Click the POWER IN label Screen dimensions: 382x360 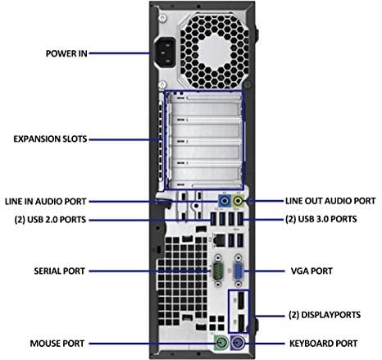pyautogui.click(x=66, y=53)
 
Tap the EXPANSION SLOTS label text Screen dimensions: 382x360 pyautogui.click(x=50, y=139)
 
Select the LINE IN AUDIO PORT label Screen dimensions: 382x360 pyautogui.click(x=46, y=202)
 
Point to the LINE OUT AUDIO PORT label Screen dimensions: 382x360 pyautogui.click(x=330, y=201)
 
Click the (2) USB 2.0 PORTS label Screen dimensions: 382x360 pyautogui.click(x=50, y=220)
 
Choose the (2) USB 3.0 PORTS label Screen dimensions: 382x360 pyautogui.click(x=321, y=219)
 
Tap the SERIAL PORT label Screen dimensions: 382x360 pyautogui.click(x=59, y=271)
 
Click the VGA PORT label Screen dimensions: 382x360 pyautogui.click(x=312, y=271)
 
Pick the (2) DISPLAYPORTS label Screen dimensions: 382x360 pyautogui.click(x=325, y=315)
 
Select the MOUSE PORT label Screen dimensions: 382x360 pyautogui.click(x=57, y=344)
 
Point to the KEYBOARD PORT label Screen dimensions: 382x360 pyautogui.click(x=324, y=344)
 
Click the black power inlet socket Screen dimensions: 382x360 pyautogui.click(x=166, y=52)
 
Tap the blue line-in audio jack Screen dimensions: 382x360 pyautogui.click(x=225, y=202)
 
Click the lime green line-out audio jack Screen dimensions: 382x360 pyautogui.click(x=238, y=202)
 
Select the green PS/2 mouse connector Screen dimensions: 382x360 pyautogui.click(x=221, y=342)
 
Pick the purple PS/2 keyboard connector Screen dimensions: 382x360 pyautogui.click(x=238, y=342)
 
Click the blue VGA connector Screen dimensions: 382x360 pyautogui.click(x=238, y=271)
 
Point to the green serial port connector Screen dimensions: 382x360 pyautogui.click(x=218, y=271)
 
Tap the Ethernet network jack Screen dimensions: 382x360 pyautogui.click(x=219, y=240)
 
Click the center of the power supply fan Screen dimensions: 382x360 pyautogui.click(x=215, y=51)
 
